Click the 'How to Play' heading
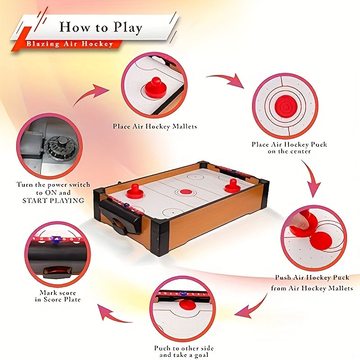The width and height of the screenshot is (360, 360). [x=100, y=27]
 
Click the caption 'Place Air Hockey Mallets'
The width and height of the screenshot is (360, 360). [x=155, y=127]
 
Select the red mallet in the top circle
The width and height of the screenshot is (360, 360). [x=156, y=87]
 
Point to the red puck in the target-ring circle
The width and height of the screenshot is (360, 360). [x=284, y=106]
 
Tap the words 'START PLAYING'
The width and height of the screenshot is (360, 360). [x=53, y=200]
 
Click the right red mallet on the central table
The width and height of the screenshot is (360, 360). [x=233, y=185]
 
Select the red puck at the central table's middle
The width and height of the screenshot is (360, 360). [x=186, y=192]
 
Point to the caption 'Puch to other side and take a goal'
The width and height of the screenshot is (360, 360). [x=184, y=351]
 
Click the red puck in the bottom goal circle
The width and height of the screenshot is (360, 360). [x=187, y=305]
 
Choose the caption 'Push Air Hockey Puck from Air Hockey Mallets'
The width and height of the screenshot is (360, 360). [x=314, y=283]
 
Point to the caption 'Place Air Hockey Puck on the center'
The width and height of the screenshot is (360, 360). [x=289, y=148]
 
